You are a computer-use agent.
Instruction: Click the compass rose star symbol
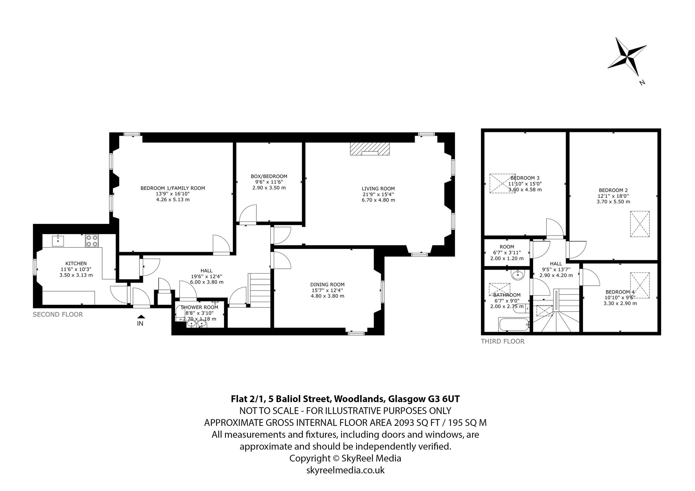coord(627,62)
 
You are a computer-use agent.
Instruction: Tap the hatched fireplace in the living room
coord(370,149)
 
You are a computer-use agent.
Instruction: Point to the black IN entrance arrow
coord(140,316)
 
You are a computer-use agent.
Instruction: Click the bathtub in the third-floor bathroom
coord(513,325)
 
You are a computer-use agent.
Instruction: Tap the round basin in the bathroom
coord(517,275)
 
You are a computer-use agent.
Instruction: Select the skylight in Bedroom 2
coord(640,224)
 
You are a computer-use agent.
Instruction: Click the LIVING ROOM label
coord(378,189)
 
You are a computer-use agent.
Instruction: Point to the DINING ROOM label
coord(327,285)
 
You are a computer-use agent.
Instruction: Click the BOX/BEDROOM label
coord(269,176)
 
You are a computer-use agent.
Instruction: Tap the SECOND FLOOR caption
coord(58,315)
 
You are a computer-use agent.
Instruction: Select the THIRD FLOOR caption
coord(503,341)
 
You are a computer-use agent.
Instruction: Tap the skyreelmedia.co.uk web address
coord(345,470)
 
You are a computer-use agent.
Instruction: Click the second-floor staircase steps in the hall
coord(260,288)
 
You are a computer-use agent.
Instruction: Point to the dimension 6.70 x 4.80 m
coord(378,200)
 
